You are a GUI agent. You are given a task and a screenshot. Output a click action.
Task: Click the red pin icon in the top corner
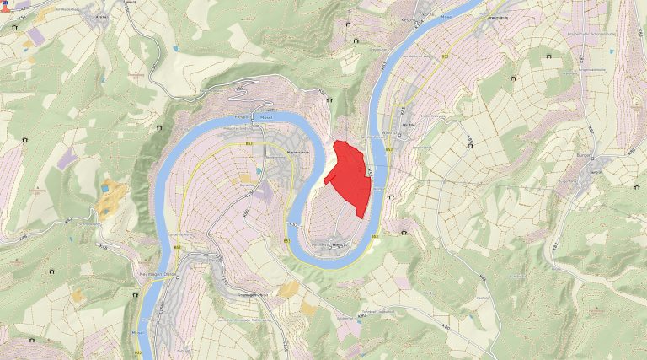point(5,7)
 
